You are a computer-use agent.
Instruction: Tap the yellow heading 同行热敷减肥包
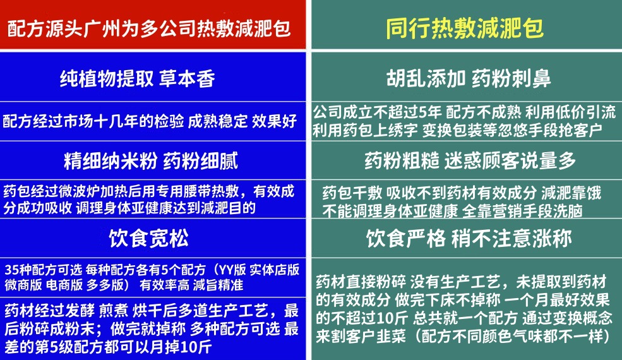pos(465,28)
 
